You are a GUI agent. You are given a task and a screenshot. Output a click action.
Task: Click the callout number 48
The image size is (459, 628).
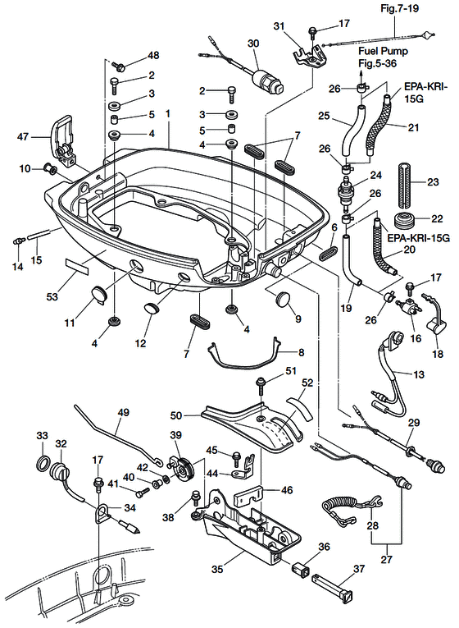click(153, 55)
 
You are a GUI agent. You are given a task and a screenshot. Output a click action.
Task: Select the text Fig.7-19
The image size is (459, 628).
click(399, 8)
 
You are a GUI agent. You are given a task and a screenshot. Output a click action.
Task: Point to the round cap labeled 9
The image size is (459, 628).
click(283, 299)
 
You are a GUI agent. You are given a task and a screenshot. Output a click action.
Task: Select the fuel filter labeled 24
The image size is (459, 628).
click(346, 192)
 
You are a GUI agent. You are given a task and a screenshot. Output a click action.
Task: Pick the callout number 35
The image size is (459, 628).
click(217, 568)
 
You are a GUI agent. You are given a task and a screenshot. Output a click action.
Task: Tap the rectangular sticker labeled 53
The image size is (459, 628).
click(77, 265)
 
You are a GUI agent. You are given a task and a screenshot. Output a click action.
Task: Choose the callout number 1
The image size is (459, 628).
click(168, 114)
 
